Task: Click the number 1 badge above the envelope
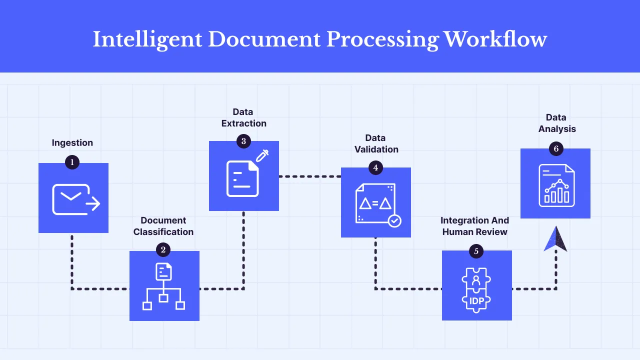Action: [72, 162]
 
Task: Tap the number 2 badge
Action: [163, 249]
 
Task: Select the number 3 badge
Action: [243, 141]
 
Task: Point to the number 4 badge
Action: [375, 167]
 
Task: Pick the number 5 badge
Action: [476, 251]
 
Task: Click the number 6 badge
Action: [555, 148]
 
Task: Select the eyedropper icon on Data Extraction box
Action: [262, 155]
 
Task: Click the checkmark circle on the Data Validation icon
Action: [394, 220]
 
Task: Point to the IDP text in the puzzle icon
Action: [476, 301]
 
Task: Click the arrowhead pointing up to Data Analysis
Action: [555, 239]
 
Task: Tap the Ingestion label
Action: [72, 143]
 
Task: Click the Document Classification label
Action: [163, 226]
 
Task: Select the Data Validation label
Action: [376, 143]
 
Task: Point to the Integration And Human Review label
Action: [475, 226]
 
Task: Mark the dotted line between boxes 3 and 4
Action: [309, 176]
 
